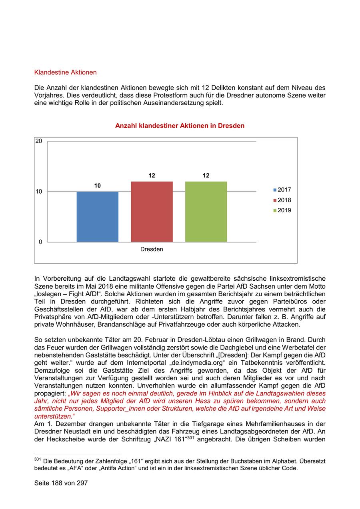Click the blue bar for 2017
point(97,217)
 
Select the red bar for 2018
point(152,212)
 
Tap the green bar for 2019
point(206,212)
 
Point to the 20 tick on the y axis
point(39,141)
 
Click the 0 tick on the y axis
point(40,242)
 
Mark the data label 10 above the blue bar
point(97,186)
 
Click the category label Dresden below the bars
point(152,249)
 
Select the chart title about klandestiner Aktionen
point(180,126)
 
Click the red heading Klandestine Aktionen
point(66,72)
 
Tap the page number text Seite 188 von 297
point(61,483)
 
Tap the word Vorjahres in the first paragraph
point(49,96)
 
